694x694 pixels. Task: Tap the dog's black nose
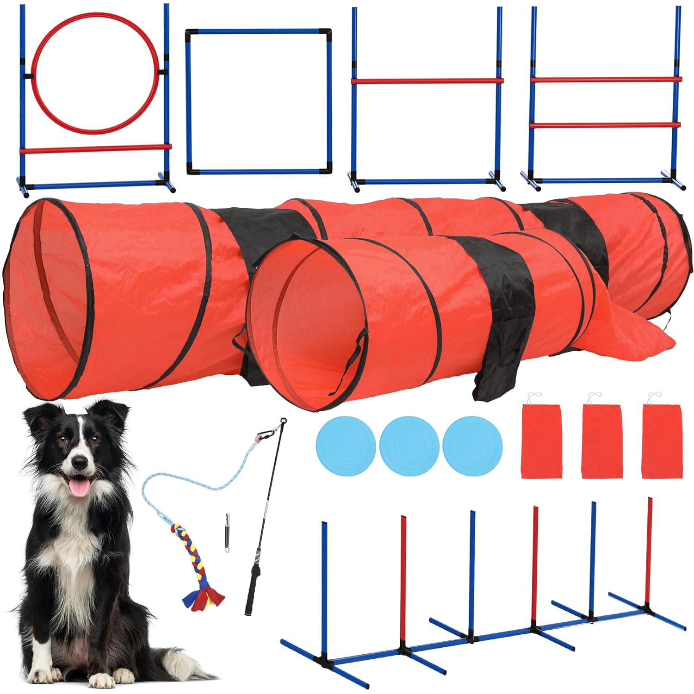coord(80,461)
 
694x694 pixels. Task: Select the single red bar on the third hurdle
coord(427,81)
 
